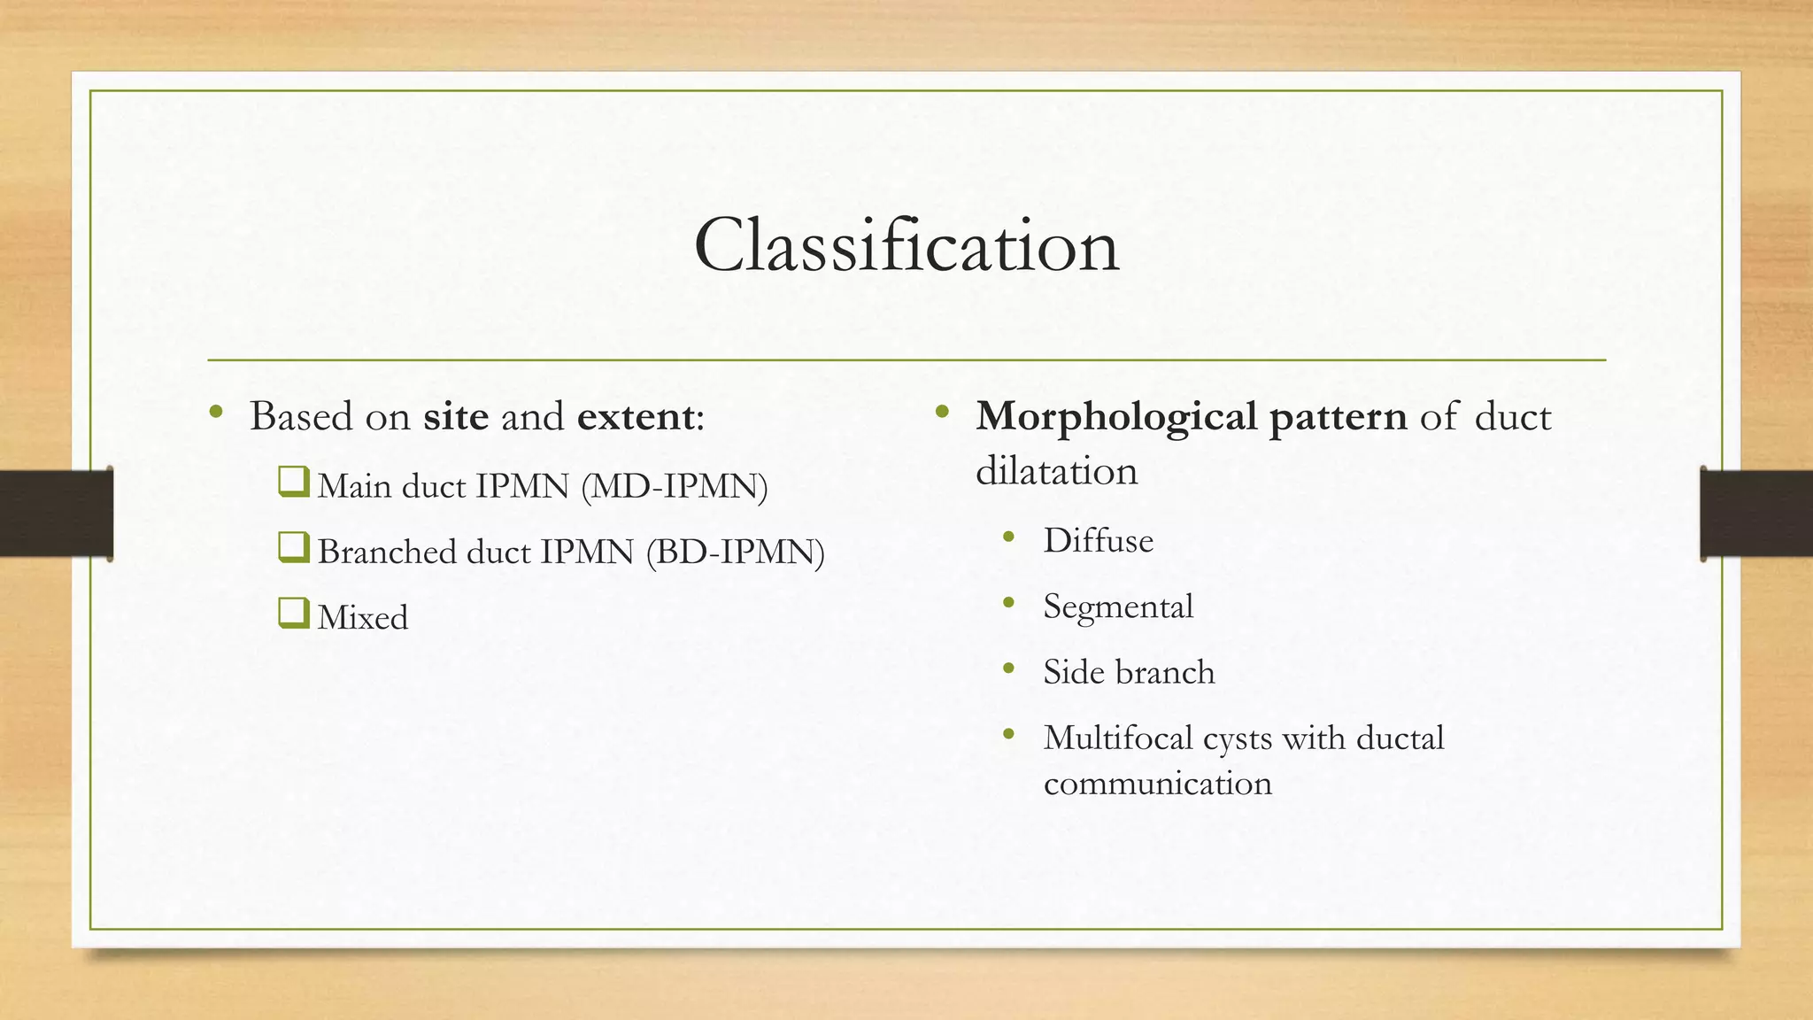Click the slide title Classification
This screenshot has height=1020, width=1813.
tap(906, 245)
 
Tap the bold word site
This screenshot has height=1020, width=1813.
tap(456, 416)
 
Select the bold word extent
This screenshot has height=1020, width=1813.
tap(636, 416)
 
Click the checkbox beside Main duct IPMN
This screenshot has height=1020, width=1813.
tap(293, 483)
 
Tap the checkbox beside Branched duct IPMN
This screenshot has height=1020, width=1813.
tap(293, 548)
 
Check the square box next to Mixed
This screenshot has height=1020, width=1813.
tap(293, 614)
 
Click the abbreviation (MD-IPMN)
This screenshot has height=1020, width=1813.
tap(675, 486)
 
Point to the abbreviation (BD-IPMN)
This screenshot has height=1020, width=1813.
tap(735, 552)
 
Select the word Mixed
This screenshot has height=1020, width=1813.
tap(363, 617)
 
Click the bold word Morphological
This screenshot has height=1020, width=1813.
tap(1116, 416)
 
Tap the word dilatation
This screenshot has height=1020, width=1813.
tap(1056, 470)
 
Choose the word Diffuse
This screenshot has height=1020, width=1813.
tap(1098, 540)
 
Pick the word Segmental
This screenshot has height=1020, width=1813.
tap(1118, 607)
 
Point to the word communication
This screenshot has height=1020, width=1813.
tap(1157, 784)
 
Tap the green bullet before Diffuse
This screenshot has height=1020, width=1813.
tap(1008, 537)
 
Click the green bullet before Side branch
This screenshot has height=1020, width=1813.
tap(1008, 669)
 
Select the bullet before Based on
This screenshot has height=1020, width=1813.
tap(216, 412)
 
